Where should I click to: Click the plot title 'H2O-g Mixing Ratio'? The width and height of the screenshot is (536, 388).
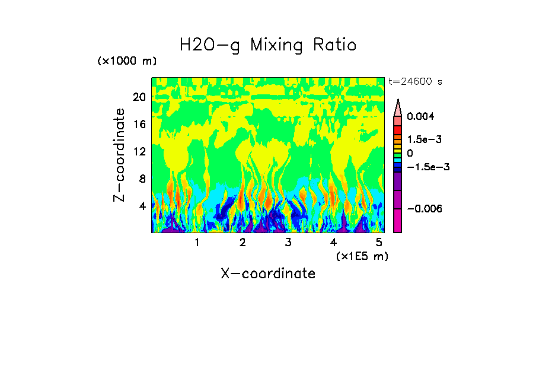coord(268,45)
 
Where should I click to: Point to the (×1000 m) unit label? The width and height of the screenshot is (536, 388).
coord(127,62)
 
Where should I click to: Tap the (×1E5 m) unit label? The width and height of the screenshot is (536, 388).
coord(362,256)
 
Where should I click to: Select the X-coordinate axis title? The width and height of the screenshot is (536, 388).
coord(268,273)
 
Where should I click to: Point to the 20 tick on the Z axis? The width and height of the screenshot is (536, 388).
coord(139,97)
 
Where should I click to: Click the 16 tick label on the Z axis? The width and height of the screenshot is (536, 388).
coord(139,125)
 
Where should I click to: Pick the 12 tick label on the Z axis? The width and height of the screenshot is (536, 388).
coord(139,152)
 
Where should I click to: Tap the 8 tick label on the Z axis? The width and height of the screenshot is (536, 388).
coord(142,179)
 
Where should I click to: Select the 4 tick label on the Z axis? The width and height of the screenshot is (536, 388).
coord(142,206)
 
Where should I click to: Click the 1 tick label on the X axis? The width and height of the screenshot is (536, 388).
coord(197,243)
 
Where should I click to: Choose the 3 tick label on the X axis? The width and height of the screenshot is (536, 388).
coord(288,243)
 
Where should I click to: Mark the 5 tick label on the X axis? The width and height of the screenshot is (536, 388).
coord(379,243)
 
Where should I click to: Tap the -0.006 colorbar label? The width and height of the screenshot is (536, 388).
coord(422,209)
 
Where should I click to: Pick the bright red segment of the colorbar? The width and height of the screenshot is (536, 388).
coord(398,129)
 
